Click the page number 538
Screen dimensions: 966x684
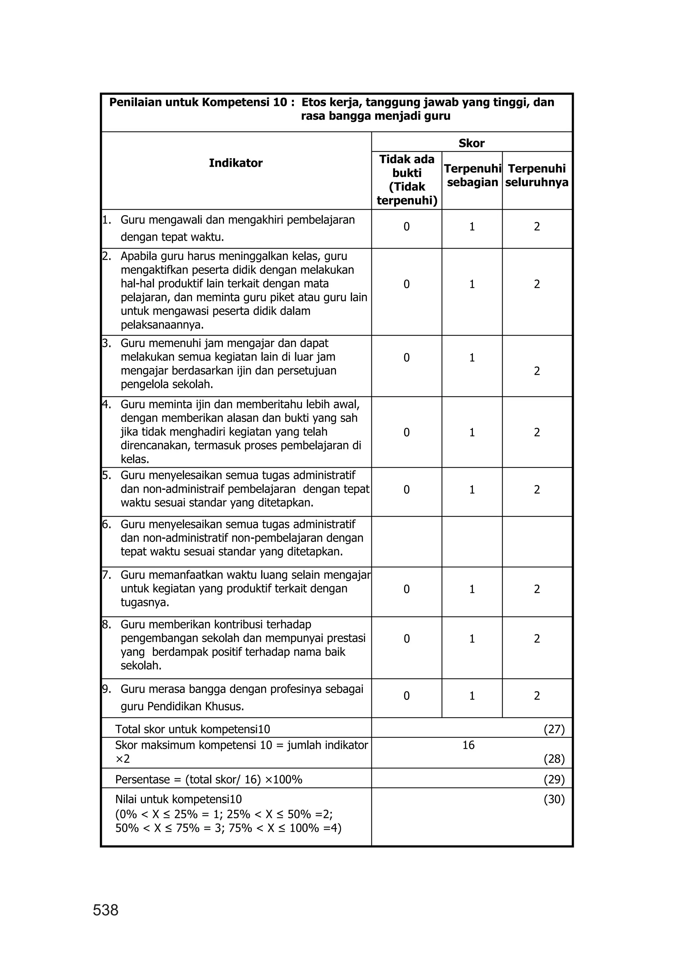point(106,911)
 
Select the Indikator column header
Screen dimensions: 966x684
point(235,163)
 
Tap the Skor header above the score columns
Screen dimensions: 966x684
point(471,143)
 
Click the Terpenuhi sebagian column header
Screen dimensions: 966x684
point(472,176)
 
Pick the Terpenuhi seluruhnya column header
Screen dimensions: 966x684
point(537,176)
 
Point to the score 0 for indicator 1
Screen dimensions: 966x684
point(406,227)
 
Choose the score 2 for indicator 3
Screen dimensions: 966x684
point(537,371)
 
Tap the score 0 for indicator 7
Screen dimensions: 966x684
point(406,589)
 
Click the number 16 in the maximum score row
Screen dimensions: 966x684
point(468,745)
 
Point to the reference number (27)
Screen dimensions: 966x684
point(554,729)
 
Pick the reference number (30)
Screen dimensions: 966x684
point(554,800)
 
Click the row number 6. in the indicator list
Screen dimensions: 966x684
point(107,524)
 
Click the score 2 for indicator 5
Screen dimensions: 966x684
point(537,490)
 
